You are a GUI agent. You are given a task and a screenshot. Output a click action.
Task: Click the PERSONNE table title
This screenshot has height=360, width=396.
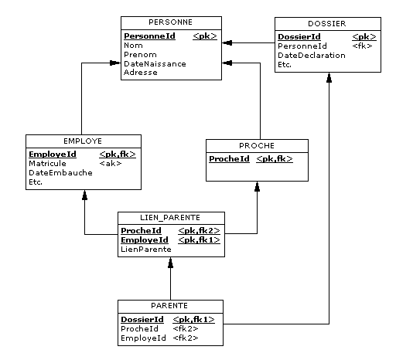(170, 22)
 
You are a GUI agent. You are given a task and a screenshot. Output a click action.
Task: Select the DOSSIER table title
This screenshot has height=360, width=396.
(327, 24)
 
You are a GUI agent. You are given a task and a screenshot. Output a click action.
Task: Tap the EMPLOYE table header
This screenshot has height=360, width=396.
(83, 141)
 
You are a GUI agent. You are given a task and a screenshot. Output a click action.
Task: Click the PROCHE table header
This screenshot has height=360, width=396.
(257, 146)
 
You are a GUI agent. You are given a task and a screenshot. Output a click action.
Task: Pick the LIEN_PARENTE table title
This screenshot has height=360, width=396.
(170, 218)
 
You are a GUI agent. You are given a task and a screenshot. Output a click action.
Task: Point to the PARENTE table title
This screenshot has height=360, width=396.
(169, 306)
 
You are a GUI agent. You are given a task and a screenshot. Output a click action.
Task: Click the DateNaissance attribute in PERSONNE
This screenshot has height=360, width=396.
(155, 63)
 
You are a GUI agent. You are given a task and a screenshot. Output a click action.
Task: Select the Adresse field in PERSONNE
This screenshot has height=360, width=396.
(141, 73)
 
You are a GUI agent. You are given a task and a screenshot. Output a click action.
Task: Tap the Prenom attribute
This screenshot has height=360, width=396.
(140, 55)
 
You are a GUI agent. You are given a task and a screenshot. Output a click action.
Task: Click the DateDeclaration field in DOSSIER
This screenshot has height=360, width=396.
(312, 56)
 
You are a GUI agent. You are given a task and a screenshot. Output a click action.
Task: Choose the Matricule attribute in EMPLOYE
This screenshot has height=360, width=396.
(47, 164)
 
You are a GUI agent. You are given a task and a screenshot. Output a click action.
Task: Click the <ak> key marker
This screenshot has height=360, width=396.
(111, 164)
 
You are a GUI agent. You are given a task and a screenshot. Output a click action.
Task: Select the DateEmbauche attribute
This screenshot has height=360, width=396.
(60, 173)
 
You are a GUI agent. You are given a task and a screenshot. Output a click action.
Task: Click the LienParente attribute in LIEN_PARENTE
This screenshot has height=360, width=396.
(146, 250)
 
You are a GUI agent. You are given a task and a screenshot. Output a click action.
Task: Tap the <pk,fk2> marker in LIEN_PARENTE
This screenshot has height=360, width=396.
(199, 231)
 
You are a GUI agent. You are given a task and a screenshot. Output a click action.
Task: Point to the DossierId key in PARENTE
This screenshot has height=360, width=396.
(142, 320)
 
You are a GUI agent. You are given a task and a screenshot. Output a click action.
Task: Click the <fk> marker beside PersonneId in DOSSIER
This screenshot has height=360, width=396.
(362, 46)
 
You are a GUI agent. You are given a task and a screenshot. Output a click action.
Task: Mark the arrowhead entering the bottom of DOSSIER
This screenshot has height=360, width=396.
(329, 77)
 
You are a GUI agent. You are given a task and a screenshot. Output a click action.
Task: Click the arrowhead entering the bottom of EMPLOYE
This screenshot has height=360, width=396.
(84, 195)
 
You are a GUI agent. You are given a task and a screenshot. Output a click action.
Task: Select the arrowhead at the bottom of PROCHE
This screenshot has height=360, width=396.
(257, 186)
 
